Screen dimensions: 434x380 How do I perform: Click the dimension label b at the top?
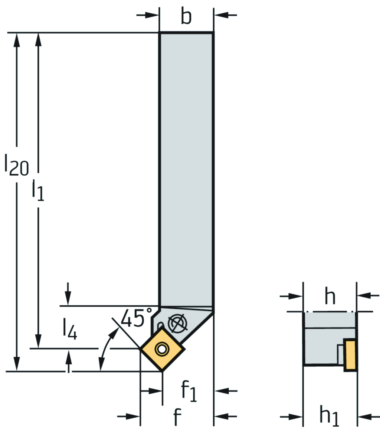(x=186, y=16)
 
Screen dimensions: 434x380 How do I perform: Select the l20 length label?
(x=16, y=164)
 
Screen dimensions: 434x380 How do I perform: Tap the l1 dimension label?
(x=38, y=189)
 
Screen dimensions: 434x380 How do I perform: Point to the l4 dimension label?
(x=70, y=329)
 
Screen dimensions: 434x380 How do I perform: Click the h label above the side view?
(x=330, y=296)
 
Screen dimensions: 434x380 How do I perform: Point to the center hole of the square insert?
(x=162, y=348)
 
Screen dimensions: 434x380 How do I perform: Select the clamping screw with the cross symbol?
(x=177, y=324)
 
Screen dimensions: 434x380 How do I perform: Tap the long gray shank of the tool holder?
(x=186, y=167)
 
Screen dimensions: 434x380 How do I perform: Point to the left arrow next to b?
(x=148, y=15)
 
